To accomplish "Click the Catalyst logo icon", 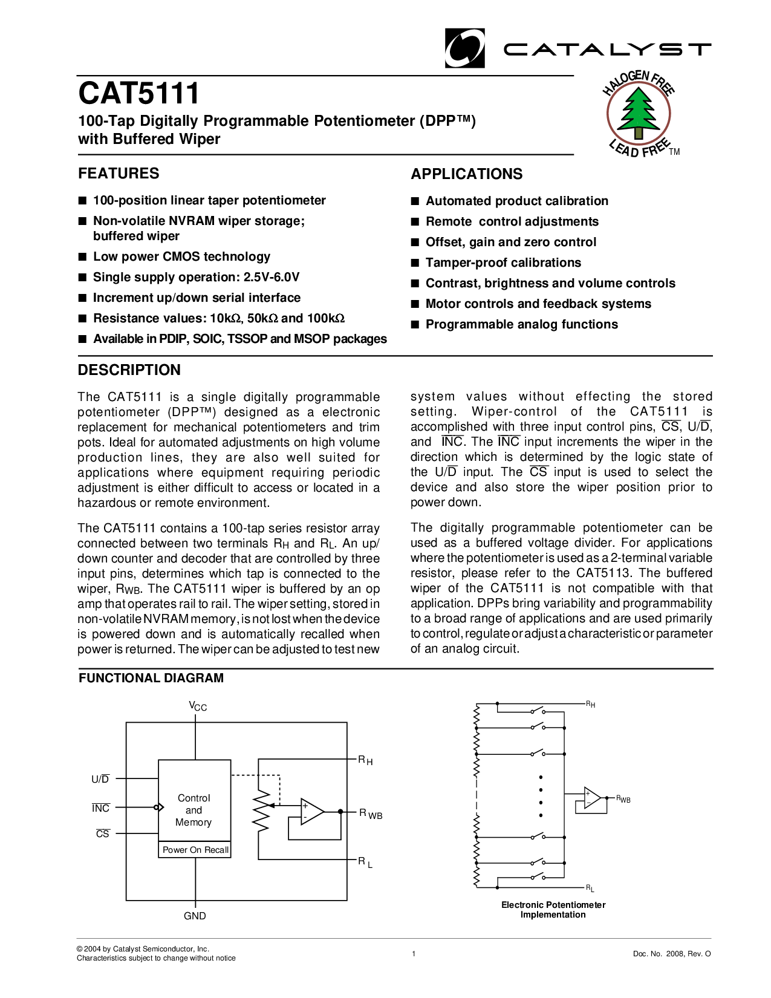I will (464, 48).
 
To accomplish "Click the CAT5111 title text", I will (138, 94).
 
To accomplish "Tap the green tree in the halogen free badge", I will (639, 112).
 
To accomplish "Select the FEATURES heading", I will (119, 174).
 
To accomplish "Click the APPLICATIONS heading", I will (466, 174).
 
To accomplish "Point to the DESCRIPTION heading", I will (129, 370).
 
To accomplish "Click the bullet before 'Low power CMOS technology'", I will (82, 257).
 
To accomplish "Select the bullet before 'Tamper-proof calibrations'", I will (415, 263).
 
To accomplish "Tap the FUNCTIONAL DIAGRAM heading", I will (151, 679).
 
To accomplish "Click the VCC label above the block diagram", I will (198, 706).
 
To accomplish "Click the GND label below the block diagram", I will (195, 916).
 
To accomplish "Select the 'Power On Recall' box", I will (195, 850).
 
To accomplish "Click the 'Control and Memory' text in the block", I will (194, 810).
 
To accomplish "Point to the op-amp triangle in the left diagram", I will (311, 811).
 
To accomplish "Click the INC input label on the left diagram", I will (101, 808).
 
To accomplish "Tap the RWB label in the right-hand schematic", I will (623, 799).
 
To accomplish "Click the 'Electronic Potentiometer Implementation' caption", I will (553, 910).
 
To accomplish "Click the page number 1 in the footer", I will (414, 954).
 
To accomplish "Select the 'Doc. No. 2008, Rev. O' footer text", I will (672, 954).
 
